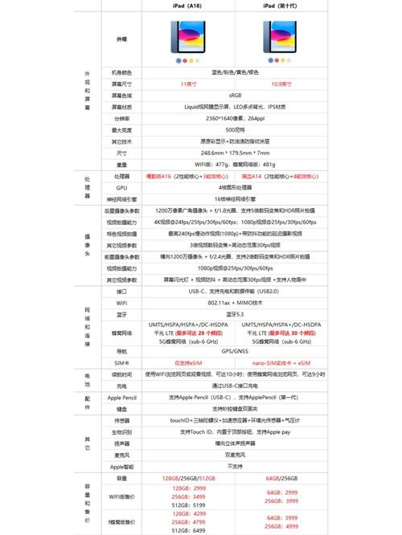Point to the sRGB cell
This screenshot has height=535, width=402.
click(x=234, y=95)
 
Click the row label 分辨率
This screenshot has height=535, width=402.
click(x=122, y=117)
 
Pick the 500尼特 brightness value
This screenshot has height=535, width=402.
click(x=234, y=129)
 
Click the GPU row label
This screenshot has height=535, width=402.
click(x=122, y=186)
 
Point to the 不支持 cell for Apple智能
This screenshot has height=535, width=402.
click(x=234, y=466)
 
